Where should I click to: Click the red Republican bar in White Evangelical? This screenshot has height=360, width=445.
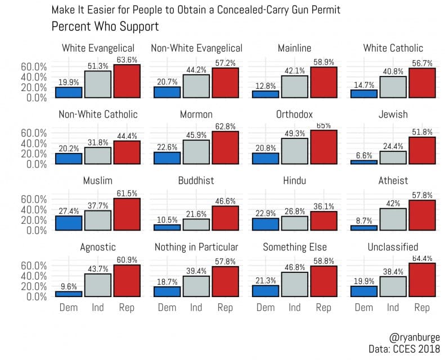click(127, 81)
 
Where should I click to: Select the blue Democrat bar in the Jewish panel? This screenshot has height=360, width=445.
click(364, 161)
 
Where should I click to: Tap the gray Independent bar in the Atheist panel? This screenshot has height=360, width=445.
click(393, 219)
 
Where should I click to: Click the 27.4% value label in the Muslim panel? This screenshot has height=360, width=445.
click(69, 210)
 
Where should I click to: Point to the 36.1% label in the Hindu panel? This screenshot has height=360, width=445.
click(323, 206)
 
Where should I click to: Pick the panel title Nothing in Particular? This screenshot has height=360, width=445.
click(196, 247)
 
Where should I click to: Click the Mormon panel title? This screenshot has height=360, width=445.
click(196, 115)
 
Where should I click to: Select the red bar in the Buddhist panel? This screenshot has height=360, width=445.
click(224, 217)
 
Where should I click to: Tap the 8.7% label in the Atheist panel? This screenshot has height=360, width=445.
click(364, 220)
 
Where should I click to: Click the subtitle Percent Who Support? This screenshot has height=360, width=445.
click(105, 26)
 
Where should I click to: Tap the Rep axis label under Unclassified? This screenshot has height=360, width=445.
click(422, 308)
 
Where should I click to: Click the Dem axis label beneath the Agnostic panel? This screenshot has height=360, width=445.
click(69, 308)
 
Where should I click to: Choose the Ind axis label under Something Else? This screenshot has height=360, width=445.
click(295, 308)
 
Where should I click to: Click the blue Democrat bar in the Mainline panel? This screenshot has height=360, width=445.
click(266, 94)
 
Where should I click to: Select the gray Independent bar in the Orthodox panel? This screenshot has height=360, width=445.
click(295, 151)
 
